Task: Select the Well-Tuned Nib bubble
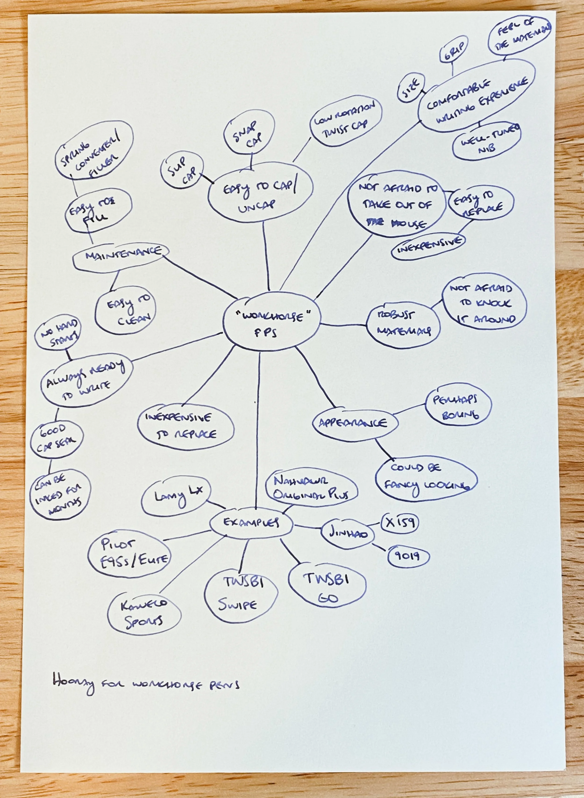pyautogui.click(x=486, y=141)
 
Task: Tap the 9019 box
pyautogui.click(x=408, y=556)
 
